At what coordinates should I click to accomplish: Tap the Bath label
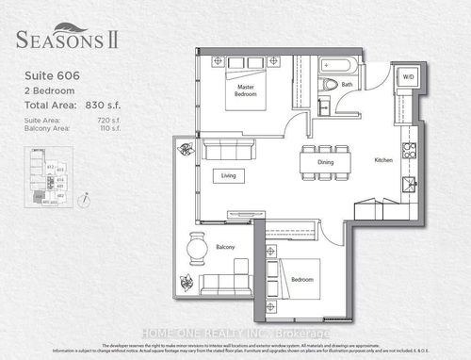click(x=347, y=84)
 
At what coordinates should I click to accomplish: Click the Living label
click(x=229, y=174)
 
